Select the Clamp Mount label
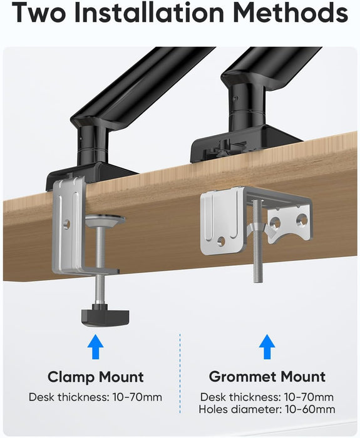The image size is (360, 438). (x=96, y=377)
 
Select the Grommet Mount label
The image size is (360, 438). (x=267, y=377)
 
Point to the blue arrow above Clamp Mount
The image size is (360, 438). (x=95, y=346)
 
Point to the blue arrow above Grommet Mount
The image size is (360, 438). (x=267, y=346)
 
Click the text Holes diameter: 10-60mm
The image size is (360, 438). (x=267, y=410)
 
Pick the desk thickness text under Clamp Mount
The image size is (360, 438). (x=96, y=397)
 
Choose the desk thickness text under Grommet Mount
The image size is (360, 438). (x=267, y=397)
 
